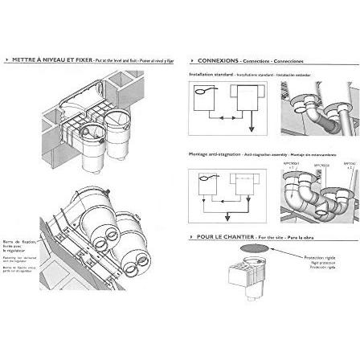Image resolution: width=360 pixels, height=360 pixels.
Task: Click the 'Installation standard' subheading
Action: pyautogui.click(x=206, y=73)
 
